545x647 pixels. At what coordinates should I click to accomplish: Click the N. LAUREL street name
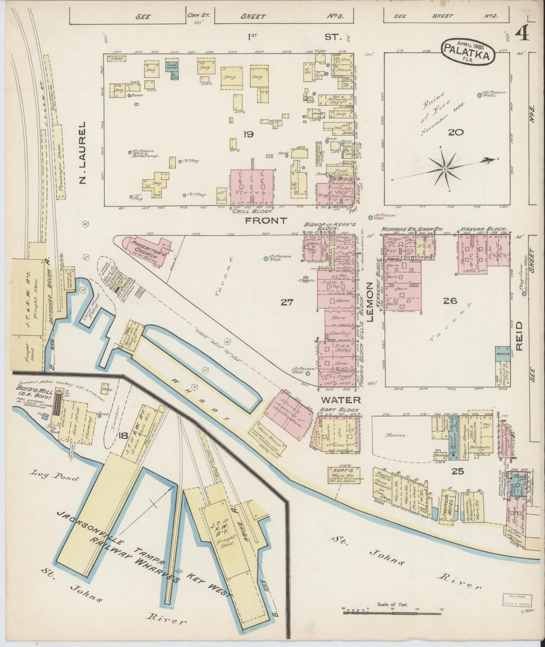[84, 153]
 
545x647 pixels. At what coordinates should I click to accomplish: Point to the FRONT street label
[266, 220]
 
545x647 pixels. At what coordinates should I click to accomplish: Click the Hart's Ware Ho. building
[343, 474]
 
